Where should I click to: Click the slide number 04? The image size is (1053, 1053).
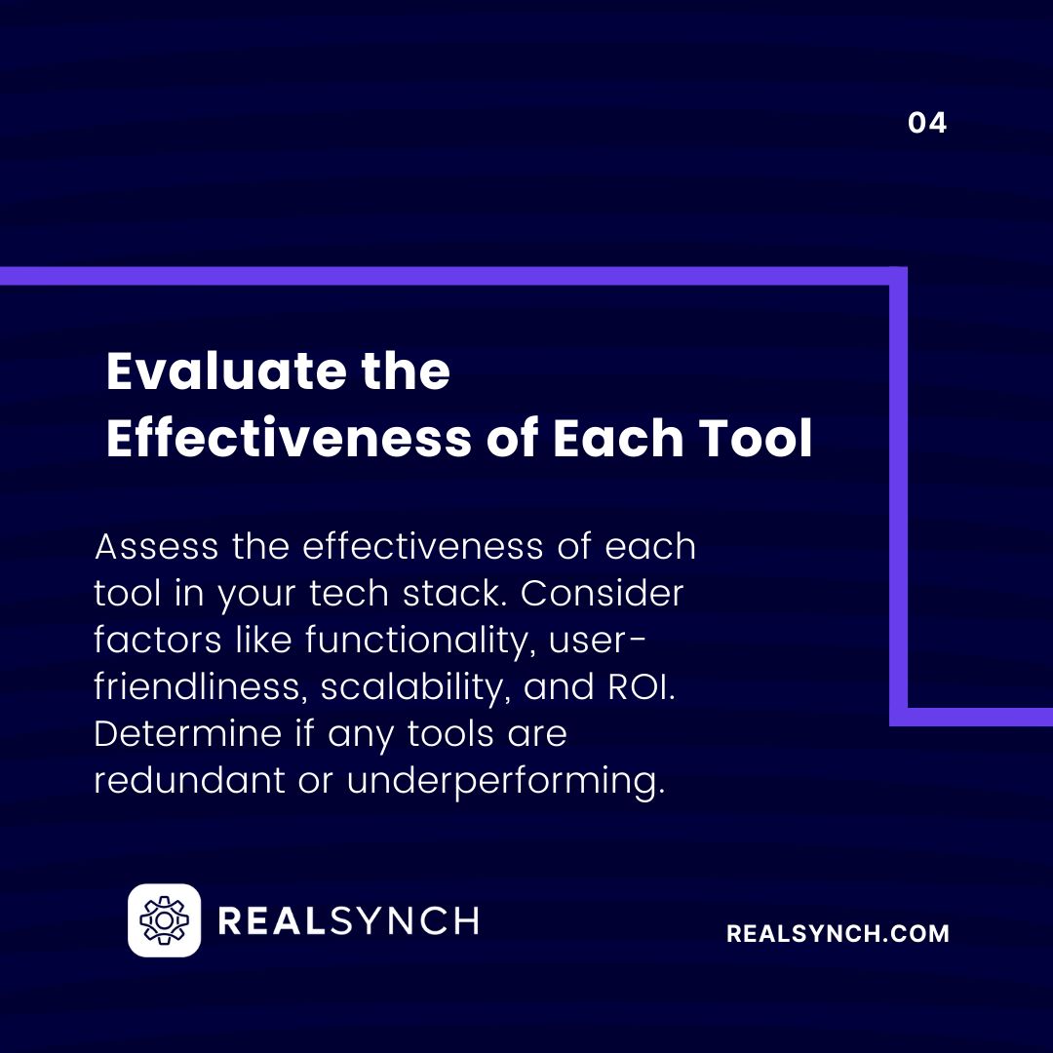(x=926, y=123)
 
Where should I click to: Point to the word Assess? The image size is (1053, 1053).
(x=156, y=547)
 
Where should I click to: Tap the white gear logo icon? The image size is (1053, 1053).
(x=164, y=919)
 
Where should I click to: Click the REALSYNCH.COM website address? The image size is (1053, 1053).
(x=838, y=933)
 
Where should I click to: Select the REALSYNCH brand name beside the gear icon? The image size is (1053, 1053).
(x=348, y=920)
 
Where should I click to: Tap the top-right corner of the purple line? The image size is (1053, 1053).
(x=898, y=276)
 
